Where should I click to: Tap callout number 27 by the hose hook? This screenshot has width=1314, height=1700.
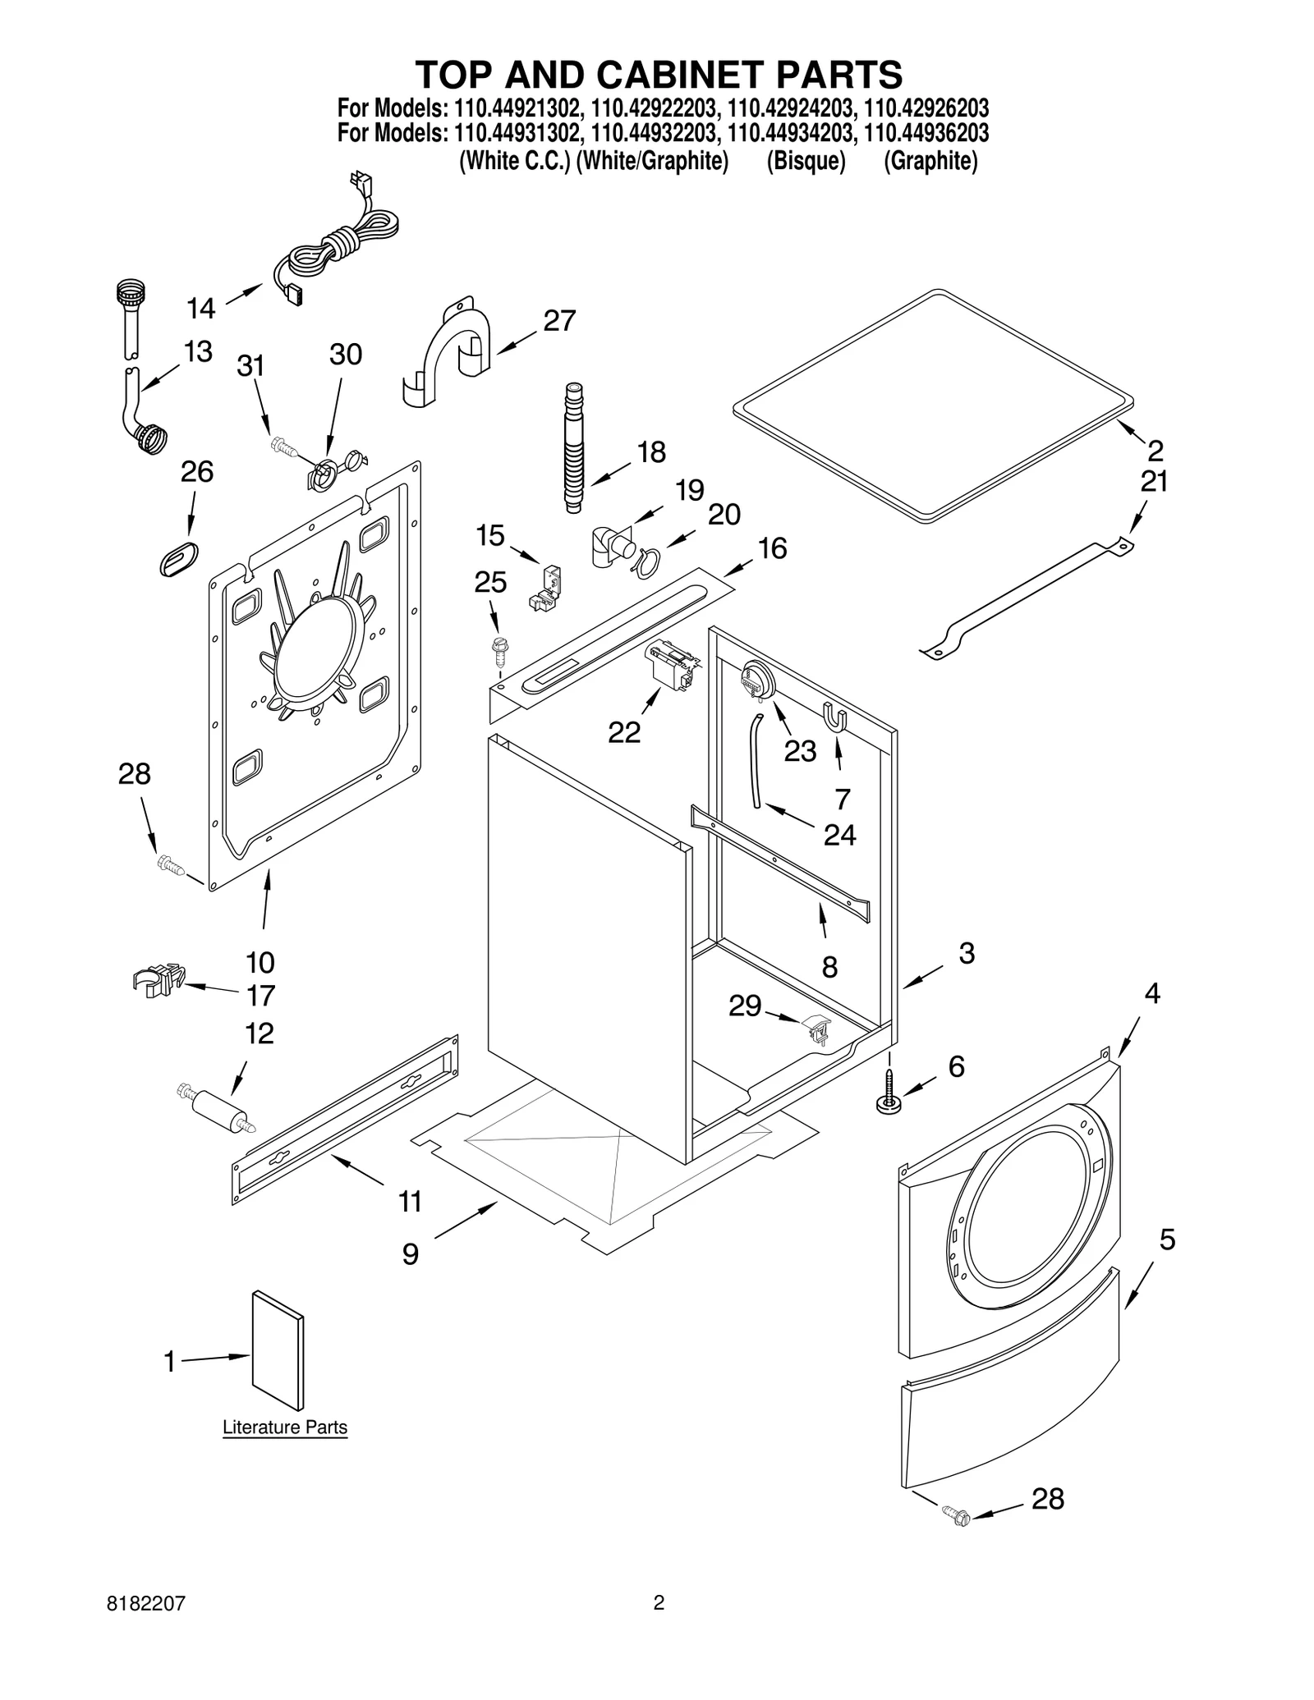(x=559, y=321)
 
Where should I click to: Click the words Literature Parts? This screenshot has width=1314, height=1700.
(x=285, y=1427)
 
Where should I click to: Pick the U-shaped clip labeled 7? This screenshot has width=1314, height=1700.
(x=834, y=717)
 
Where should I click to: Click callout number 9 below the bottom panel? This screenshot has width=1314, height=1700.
(x=410, y=1253)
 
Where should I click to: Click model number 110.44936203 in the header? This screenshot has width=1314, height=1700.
(x=926, y=133)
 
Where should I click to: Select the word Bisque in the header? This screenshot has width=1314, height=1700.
(x=806, y=162)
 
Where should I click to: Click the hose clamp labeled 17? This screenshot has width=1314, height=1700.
(x=157, y=979)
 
